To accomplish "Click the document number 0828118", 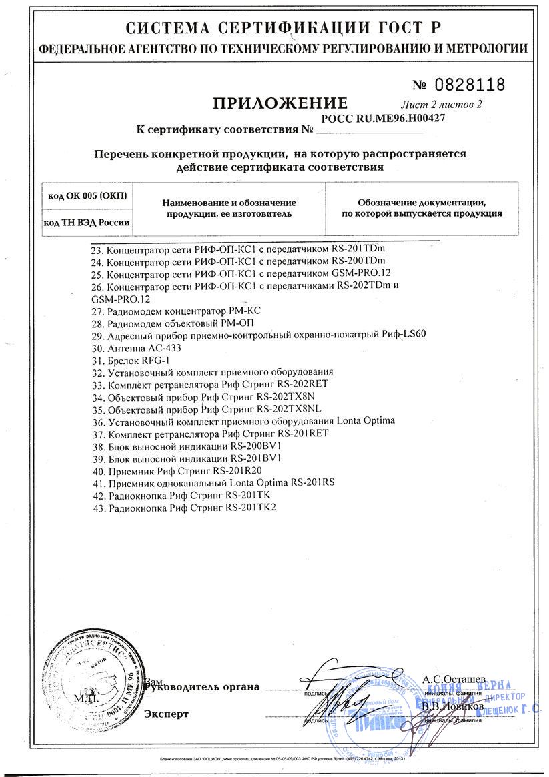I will (470, 85).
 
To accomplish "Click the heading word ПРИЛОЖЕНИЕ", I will (280, 103).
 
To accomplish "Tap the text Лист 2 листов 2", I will (441, 103).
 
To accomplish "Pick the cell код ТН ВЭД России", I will (87, 222).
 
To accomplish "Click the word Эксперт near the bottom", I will (167, 714).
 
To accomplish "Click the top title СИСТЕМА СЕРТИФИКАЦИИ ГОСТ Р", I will (274, 29).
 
